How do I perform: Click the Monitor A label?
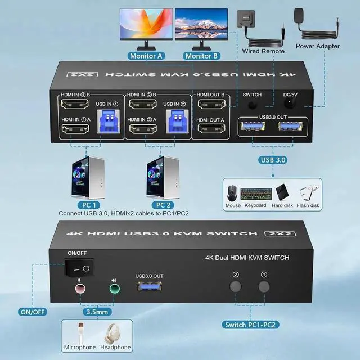[146, 56]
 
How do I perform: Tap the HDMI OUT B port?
[210, 105]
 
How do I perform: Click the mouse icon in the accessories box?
[233, 192]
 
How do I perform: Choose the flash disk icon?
[308, 191]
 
